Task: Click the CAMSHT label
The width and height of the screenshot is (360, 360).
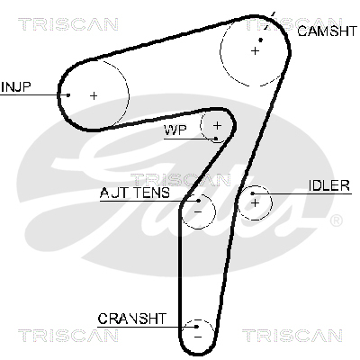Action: pyautogui.click(x=327, y=31)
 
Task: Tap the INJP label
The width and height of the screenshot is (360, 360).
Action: pyautogui.click(x=16, y=87)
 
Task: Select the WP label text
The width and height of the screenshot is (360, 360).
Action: pyautogui.click(x=175, y=130)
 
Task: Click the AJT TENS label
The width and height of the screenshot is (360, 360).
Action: pyautogui.click(x=135, y=193)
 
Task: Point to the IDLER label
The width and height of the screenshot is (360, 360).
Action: pyautogui.click(x=329, y=186)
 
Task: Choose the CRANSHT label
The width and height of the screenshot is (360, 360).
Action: pyautogui.click(x=131, y=319)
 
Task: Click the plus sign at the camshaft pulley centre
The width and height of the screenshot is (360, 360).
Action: pyautogui.click(x=255, y=51)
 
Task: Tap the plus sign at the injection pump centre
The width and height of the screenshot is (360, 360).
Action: pyautogui.click(x=94, y=95)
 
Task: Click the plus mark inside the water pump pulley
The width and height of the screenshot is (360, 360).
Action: pyautogui.click(x=217, y=125)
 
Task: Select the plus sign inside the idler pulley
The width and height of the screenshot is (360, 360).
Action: pyautogui.click(x=255, y=203)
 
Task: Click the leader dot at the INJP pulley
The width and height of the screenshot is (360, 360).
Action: pyautogui.click(x=68, y=95)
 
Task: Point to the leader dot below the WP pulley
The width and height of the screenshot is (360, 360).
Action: pyautogui.click(x=216, y=139)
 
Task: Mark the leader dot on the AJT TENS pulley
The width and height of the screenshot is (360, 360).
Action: pyautogui.click(x=199, y=201)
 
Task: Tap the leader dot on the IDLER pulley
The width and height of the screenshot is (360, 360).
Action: pyautogui.click(x=253, y=193)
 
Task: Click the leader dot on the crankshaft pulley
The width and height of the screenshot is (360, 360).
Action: pyautogui.click(x=196, y=327)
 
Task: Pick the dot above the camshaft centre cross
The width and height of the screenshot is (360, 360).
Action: pyautogui.click(x=261, y=40)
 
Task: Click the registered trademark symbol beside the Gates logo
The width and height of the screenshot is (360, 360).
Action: pyautogui.click(x=336, y=220)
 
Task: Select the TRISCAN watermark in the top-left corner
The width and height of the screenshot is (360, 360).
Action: pyautogui.click(x=68, y=24)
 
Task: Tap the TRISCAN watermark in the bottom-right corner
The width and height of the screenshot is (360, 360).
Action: pyautogui.click(x=292, y=336)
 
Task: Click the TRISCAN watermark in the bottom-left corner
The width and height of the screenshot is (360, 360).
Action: pyautogui.click(x=68, y=336)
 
